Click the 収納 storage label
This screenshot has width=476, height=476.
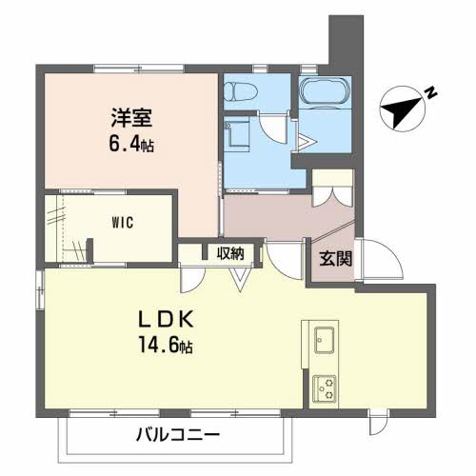(x=230, y=253)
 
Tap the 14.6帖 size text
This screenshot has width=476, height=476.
(x=168, y=347)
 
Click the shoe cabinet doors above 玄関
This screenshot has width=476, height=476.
(x=333, y=189)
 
